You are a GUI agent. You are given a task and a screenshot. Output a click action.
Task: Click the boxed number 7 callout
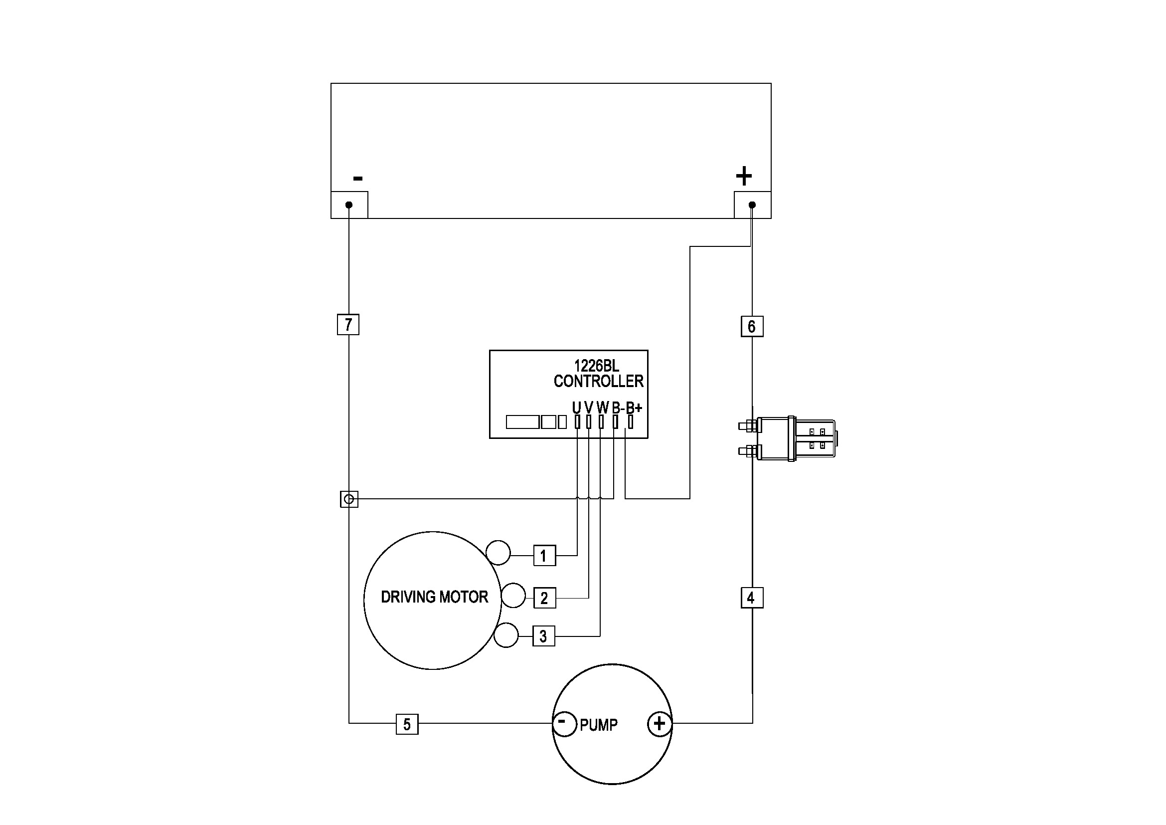348,325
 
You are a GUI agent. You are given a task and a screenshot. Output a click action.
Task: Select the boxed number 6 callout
752,327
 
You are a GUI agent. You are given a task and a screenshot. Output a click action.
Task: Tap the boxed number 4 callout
751,598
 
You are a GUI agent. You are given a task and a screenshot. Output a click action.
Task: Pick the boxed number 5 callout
407,724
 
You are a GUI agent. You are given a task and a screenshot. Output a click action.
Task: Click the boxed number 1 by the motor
544,556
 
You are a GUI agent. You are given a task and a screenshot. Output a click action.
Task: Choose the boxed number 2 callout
544,598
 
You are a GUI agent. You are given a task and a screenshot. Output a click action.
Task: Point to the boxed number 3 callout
543,636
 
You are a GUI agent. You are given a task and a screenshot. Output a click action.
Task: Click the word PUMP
599,725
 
